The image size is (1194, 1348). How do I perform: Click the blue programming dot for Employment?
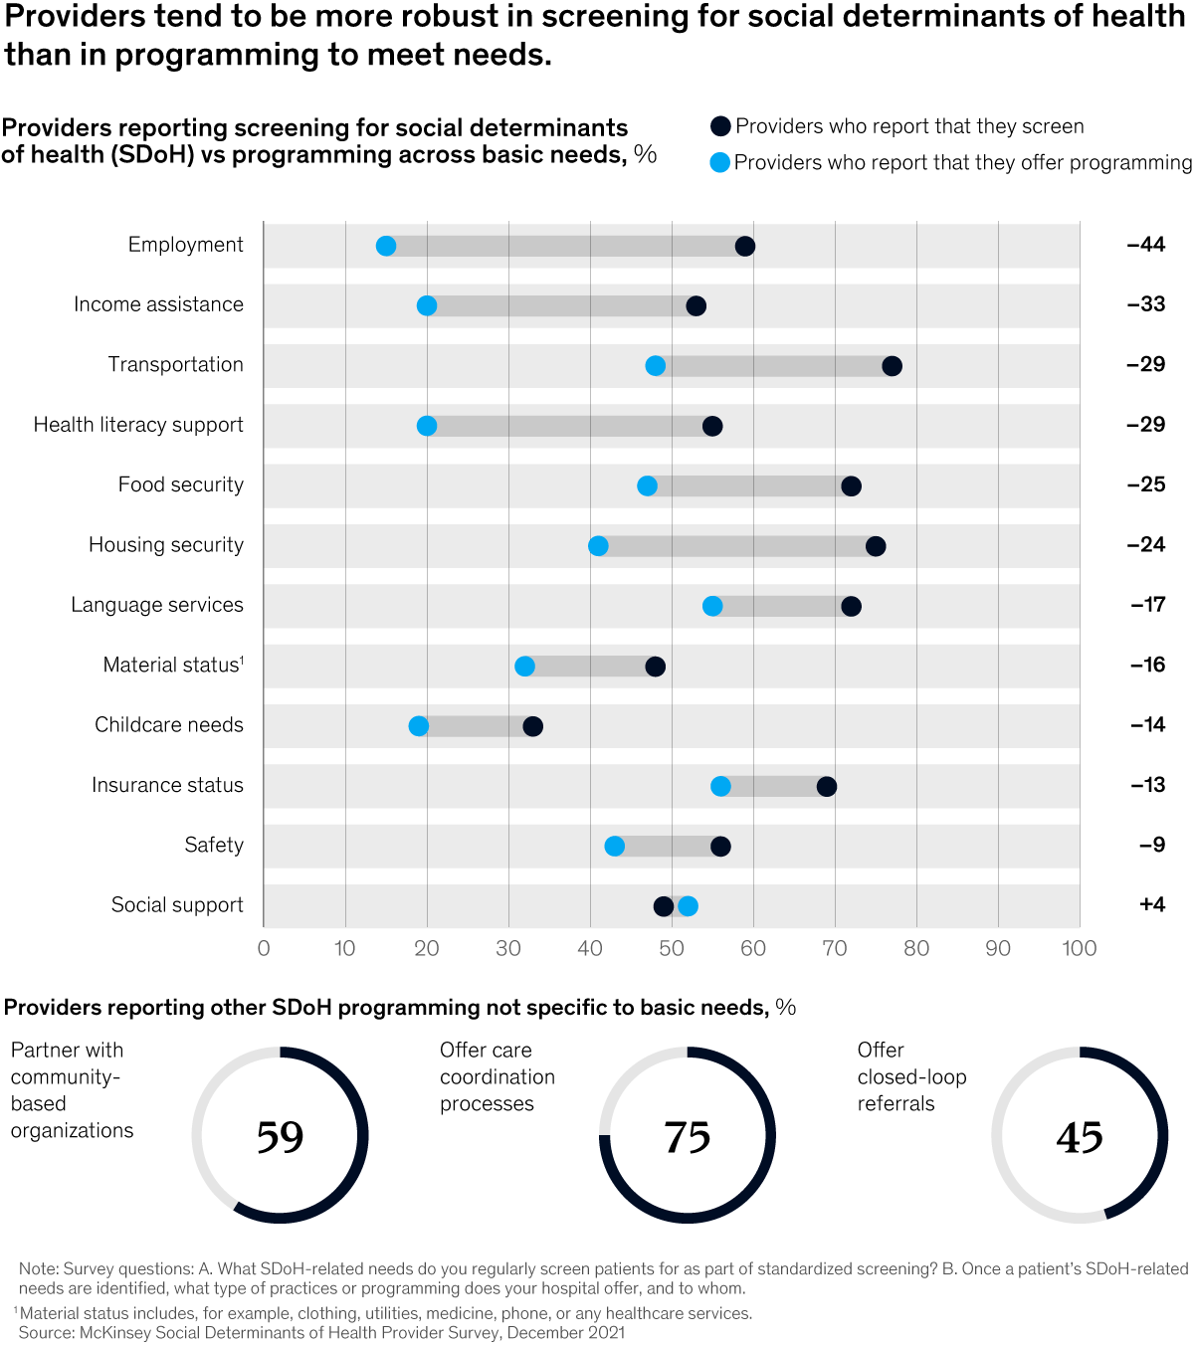[386, 247]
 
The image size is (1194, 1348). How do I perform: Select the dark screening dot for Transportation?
[892, 366]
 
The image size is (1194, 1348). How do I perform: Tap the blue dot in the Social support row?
[688, 906]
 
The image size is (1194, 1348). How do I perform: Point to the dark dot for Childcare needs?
[532, 726]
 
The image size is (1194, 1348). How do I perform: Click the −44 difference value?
[1145, 245]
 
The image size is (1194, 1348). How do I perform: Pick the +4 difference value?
[1151, 904]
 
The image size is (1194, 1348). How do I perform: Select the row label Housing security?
[166, 545]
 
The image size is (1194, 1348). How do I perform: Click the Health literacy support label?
[138, 425]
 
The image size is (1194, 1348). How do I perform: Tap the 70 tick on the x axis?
[835, 948]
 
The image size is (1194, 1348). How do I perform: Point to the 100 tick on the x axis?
[1080, 948]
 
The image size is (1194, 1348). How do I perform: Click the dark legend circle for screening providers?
[720, 126]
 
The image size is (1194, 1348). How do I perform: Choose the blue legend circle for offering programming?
[720, 162]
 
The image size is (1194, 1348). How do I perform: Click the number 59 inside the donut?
[280, 1137]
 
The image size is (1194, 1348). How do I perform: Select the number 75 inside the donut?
[688, 1137]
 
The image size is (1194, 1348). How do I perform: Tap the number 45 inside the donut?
[1080, 1137]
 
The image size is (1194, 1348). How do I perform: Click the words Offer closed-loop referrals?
[911, 1076]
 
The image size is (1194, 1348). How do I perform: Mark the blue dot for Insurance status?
[720, 787]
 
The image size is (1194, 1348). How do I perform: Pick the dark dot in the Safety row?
[720, 847]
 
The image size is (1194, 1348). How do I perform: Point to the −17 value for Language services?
[1147, 605]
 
